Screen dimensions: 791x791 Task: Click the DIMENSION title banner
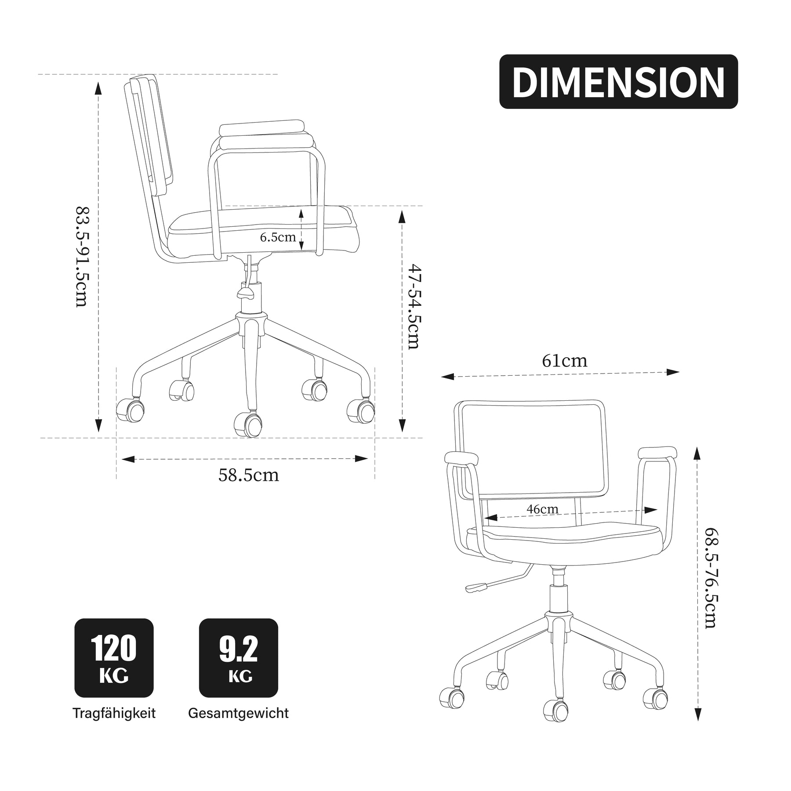point(618,82)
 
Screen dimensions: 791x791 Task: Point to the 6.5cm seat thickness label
point(278,237)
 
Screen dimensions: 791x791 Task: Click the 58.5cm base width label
point(249,475)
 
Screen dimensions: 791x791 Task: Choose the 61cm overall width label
point(564,361)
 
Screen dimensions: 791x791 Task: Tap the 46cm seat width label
point(543,509)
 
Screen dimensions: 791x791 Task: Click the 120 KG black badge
point(114,658)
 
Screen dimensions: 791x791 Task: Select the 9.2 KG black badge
point(239,658)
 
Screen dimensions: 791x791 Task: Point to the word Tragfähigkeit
point(114,713)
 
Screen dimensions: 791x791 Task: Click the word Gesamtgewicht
point(239,713)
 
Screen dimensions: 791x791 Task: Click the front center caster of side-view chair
point(248,424)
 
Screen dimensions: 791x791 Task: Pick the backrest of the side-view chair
point(149,136)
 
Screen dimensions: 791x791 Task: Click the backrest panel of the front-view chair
point(532,451)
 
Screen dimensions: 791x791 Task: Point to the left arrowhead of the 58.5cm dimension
point(128,459)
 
